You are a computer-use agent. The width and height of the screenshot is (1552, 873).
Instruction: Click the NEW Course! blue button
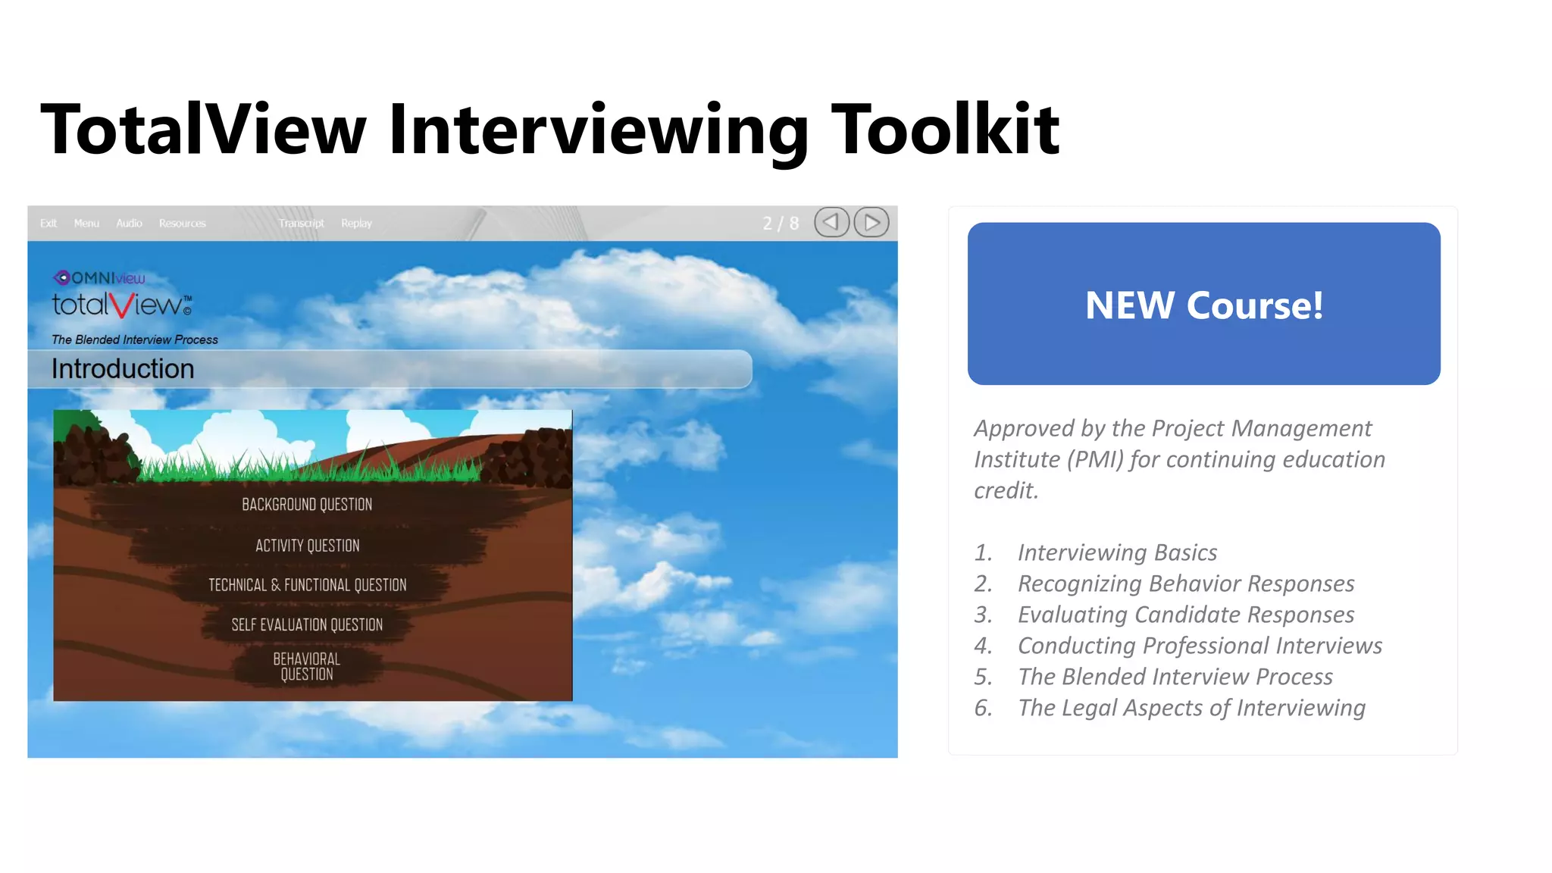coord(1203,304)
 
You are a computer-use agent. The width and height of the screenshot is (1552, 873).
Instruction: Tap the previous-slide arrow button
coord(831,222)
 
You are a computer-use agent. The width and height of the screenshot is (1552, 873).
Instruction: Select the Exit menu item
coord(48,223)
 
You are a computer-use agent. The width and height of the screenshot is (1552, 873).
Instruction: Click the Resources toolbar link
coord(182,223)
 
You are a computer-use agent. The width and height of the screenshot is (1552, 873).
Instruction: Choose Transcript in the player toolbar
coord(301,223)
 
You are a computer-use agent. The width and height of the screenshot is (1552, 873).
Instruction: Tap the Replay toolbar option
coord(356,223)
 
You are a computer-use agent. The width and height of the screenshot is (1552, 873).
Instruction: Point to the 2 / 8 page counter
coord(781,223)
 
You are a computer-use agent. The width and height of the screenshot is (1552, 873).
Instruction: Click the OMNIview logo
coord(99,278)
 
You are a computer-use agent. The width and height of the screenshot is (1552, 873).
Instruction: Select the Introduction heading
coord(123,369)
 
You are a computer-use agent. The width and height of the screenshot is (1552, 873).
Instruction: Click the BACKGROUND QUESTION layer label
coord(307,505)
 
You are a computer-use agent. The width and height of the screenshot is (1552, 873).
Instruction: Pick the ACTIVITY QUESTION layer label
coord(307,546)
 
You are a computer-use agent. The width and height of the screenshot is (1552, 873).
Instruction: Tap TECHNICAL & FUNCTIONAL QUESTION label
coord(307,585)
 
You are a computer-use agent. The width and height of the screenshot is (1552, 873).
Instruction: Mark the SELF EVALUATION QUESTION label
coord(307,624)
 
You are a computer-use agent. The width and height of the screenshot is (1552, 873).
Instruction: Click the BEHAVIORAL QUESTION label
coord(307,666)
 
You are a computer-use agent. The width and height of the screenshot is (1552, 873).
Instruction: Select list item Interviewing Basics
coord(1117,552)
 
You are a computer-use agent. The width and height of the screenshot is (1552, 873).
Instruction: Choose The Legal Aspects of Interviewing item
coord(1191,708)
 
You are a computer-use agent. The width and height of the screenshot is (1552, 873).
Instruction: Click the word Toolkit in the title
coord(945,130)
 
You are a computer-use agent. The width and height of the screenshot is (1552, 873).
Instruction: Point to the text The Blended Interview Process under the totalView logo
coord(135,339)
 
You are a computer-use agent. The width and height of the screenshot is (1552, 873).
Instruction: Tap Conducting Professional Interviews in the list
coord(1200,646)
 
